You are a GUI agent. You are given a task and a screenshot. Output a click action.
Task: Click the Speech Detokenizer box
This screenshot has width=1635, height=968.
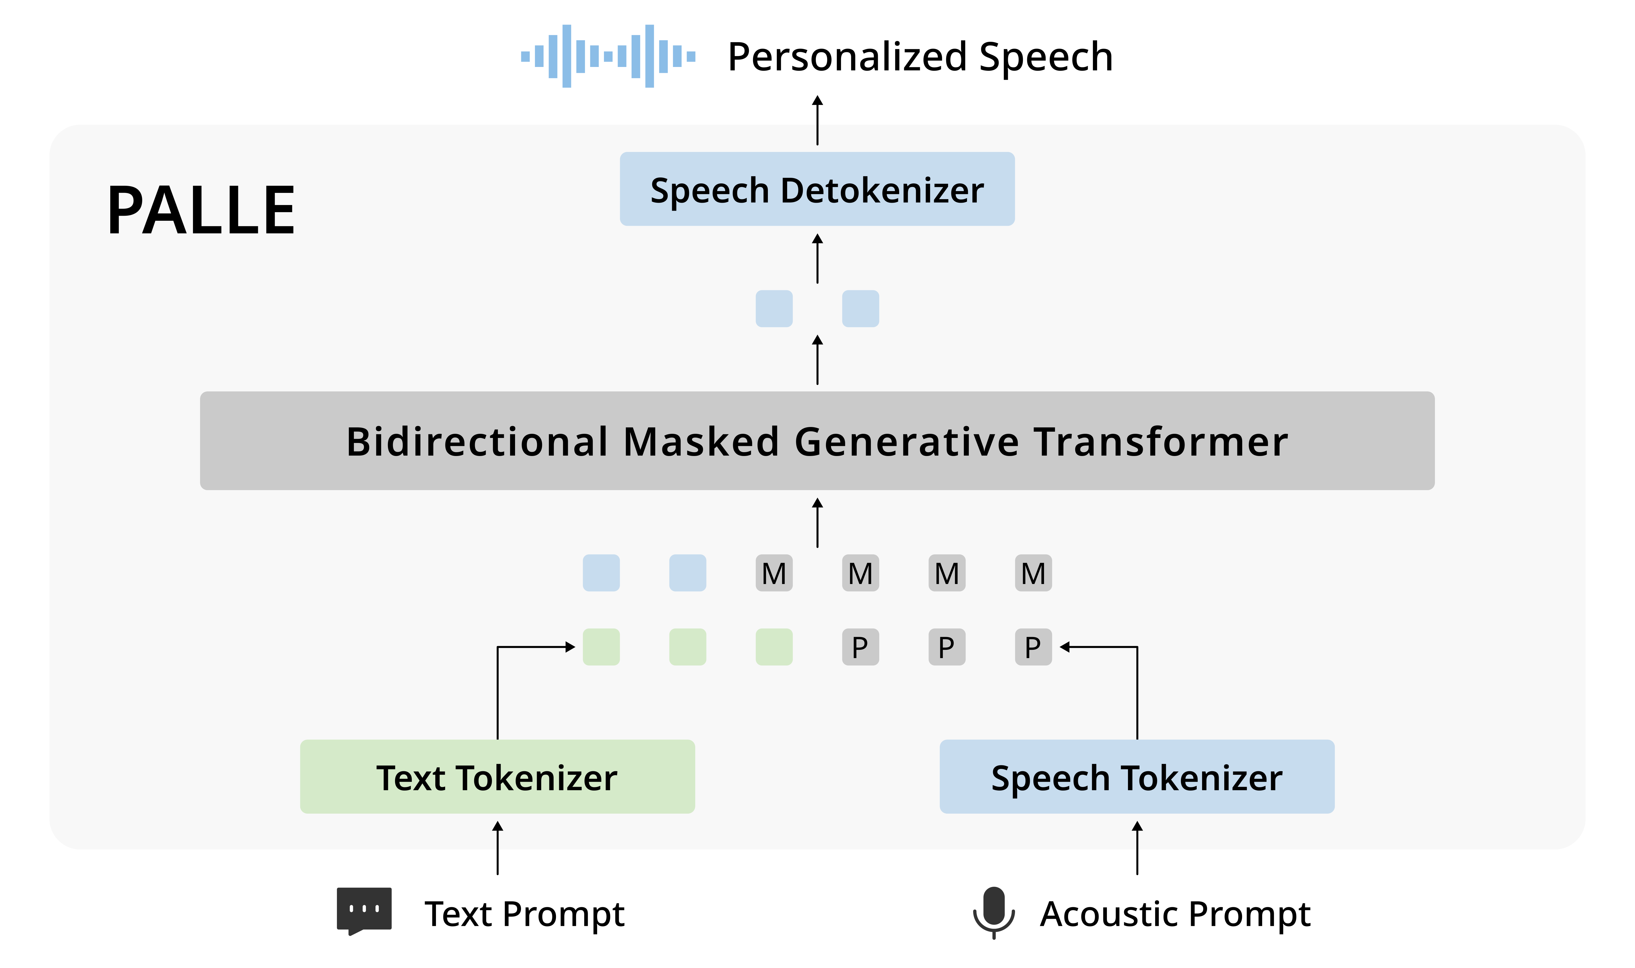[817, 189]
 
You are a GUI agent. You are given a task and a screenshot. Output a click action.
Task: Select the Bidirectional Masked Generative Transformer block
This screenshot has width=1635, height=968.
[817, 441]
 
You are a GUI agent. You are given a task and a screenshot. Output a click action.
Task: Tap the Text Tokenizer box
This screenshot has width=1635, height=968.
[497, 776]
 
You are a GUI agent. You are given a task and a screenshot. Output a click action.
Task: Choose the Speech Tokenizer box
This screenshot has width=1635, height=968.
[1137, 776]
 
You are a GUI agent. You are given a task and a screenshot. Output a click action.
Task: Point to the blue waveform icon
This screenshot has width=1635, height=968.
[608, 56]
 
